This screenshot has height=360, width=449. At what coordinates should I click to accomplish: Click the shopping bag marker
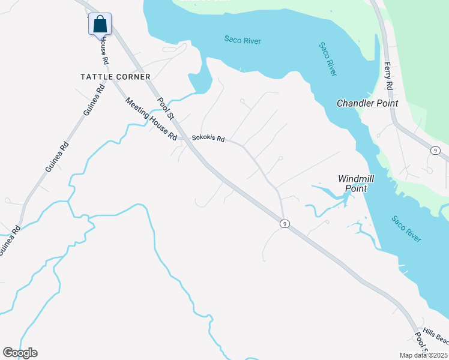tap(100, 25)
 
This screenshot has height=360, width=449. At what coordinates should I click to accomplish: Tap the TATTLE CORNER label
tap(116, 77)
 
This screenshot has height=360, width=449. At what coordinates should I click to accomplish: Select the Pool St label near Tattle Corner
tap(165, 109)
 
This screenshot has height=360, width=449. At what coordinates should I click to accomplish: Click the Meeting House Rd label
tap(151, 119)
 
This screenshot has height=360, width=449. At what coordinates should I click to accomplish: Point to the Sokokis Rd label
tap(208, 138)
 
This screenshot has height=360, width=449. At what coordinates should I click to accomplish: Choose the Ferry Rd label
tap(388, 76)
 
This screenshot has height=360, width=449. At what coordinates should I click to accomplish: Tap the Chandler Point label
tap(367, 103)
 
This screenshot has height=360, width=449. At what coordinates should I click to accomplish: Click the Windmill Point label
tap(356, 183)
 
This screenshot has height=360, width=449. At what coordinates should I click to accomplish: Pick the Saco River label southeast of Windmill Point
tap(406, 228)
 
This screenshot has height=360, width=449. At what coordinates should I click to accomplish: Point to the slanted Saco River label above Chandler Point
tap(328, 59)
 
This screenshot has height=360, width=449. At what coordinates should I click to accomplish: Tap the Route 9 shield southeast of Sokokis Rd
tap(285, 224)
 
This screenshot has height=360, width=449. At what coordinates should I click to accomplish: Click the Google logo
tap(20, 353)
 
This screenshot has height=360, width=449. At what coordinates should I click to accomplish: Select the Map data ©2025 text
tap(423, 355)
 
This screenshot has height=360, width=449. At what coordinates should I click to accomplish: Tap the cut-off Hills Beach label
tap(435, 336)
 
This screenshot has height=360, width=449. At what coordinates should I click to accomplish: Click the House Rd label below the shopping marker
tap(104, 50)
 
